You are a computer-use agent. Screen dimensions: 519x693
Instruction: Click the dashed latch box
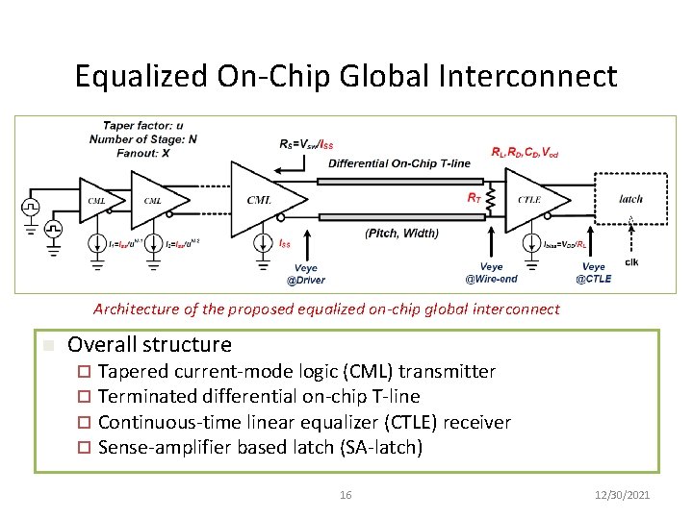(630, 200)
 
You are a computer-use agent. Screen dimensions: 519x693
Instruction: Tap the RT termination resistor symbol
(489, 201)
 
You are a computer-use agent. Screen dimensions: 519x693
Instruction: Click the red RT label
(474, 197)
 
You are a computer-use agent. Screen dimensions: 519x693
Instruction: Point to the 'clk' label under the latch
(631, 261)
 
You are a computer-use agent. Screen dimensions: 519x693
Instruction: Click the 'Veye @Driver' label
(306, 274)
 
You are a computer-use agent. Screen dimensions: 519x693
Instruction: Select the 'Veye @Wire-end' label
(491, 273)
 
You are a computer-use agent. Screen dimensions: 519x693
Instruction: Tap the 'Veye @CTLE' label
(594, 273)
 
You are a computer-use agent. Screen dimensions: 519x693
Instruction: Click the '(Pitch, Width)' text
(401, 233)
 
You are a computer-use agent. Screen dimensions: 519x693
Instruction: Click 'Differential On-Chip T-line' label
(399, 162)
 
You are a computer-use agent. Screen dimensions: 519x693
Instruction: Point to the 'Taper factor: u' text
(143, 126)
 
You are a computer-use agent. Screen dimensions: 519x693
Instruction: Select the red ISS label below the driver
(285, 244)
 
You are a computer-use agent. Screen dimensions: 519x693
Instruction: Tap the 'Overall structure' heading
(149, 344)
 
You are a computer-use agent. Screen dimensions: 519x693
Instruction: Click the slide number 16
(346, 495)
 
